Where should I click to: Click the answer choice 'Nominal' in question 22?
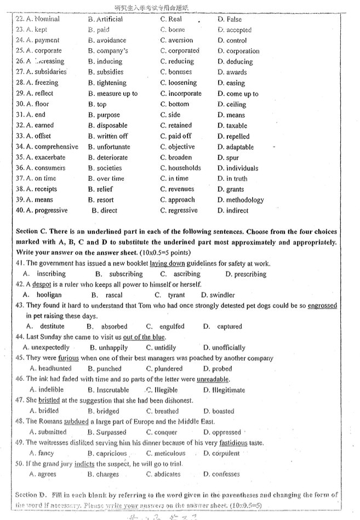point(47,19)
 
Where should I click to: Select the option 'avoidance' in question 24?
point(111,40)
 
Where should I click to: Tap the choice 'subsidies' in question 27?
point(110,72)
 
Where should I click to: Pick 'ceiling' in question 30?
point(236,104)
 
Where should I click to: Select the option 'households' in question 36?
point(184,168)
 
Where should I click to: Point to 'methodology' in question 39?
point(245,200)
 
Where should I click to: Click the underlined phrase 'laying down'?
point(167,263)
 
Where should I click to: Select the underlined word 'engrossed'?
point(322,305)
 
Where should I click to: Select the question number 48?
point(20,421)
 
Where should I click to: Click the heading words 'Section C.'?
point(33,232)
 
